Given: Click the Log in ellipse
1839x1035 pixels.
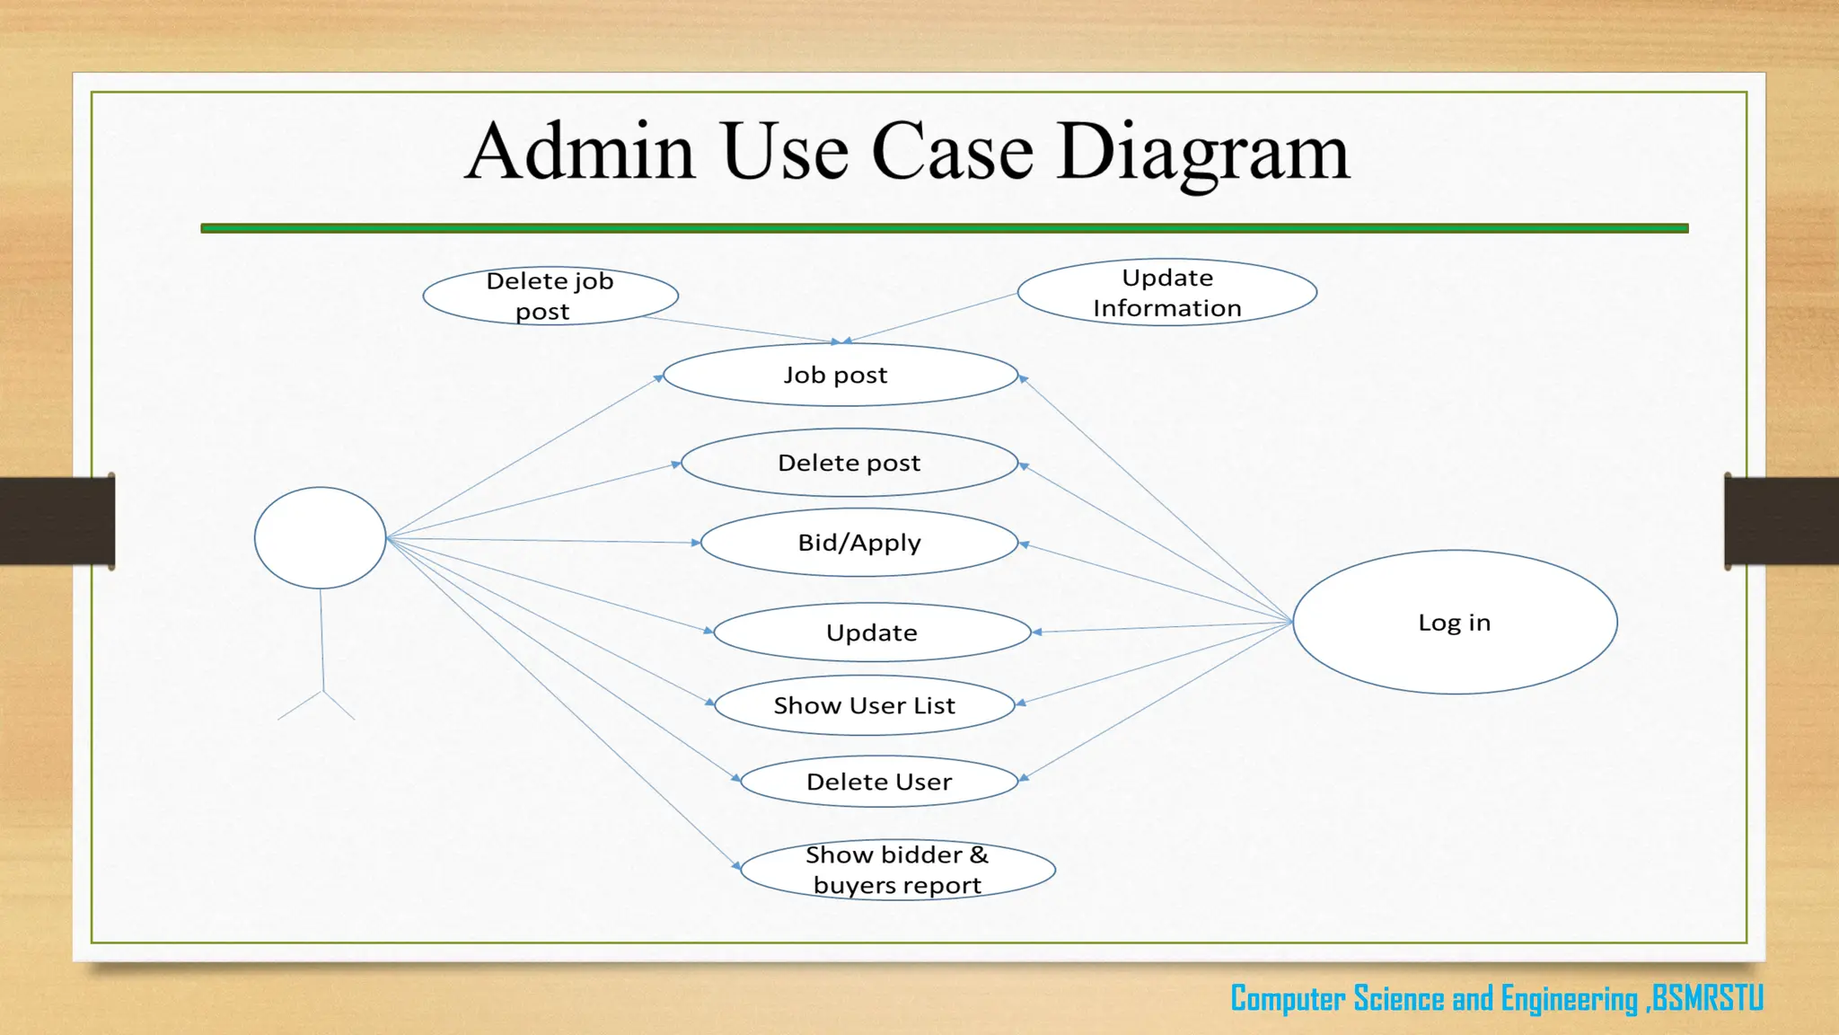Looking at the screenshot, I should tap(1455, 622).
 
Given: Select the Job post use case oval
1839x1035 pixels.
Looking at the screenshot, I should tap(840, 375).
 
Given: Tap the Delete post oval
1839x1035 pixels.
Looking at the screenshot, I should tap(849, 463).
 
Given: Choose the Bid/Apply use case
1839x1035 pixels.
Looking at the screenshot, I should tap(859, 543).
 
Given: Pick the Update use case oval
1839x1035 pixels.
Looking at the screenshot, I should tap(872, 632).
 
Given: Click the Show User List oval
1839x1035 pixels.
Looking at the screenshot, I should tap(865, 705).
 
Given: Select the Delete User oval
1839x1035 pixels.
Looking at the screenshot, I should tap(879, 782).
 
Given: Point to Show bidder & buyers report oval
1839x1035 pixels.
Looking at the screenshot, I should tap(897, 870).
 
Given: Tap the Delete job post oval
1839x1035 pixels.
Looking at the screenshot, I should tap(550, 296).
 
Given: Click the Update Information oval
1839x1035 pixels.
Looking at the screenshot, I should tap(1166, 292).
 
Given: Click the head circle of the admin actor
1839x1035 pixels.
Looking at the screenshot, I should tap(320, 538).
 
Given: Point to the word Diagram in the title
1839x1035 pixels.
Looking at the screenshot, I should tap(1203, 153).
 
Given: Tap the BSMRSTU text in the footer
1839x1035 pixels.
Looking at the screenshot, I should tap(1707, 998).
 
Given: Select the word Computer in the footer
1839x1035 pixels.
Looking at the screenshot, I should tap(1288, 999).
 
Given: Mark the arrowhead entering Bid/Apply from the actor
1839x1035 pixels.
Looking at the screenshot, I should tap(696, 543).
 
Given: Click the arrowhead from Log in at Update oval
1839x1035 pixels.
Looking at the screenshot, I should tap(1036, 632).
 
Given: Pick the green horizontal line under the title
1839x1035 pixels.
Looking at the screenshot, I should tap(944, 228).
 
